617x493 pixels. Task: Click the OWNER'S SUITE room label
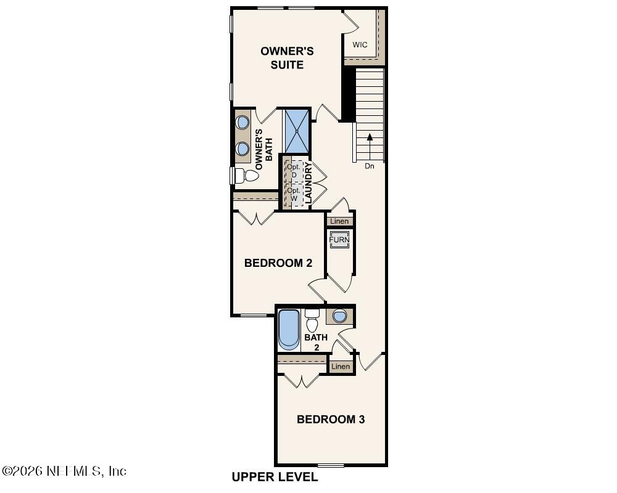coord(287,58)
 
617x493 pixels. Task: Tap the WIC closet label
coord(360,45)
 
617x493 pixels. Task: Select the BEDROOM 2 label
coord(278,263)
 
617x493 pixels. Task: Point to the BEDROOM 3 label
coord(331,420)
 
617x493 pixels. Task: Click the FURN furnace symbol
coord(339,240)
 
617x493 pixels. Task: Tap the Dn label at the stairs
coord(369,166)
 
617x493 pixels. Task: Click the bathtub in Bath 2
coord(288,329)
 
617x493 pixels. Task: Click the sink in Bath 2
coord(339,316)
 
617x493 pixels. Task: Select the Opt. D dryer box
coord(294,171)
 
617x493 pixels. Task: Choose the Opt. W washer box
coord(294,195)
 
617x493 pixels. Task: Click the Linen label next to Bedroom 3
coord(341,367)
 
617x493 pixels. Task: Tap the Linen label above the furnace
coord(339,221)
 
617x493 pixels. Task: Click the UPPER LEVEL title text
coord(275,477)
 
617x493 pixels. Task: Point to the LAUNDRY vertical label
coord(308,183)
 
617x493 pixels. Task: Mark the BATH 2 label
coord(316,343)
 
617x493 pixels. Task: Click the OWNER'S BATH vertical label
coord(260,149)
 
